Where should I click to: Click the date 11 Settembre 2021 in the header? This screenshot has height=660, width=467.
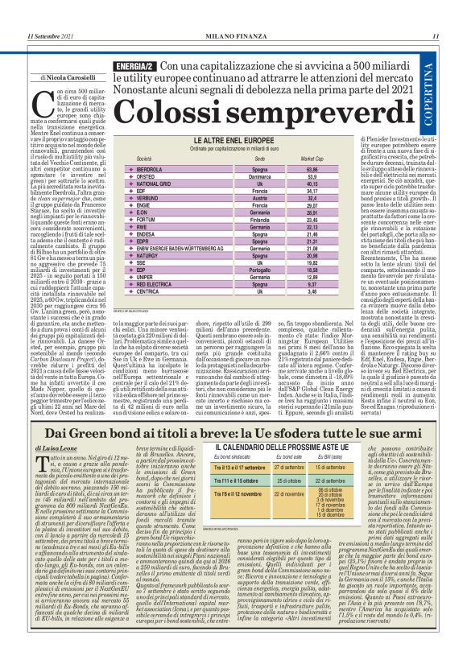click(x=50, y=35)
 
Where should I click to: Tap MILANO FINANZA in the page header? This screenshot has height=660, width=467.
click(x=233, y=35)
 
